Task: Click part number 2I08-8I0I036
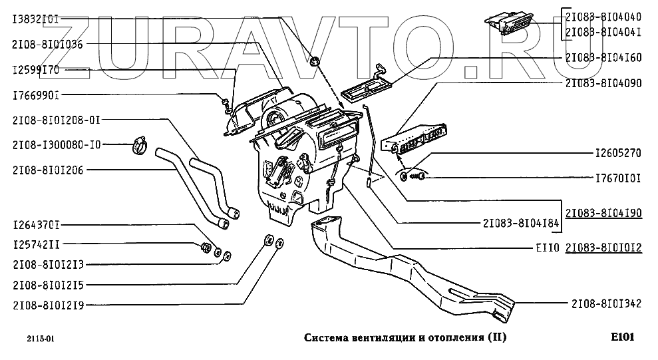tap(48, 44)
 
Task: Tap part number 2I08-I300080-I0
tap(56, 144)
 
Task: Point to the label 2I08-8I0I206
tap(48, 170)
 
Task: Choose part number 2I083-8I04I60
tap(603, 58)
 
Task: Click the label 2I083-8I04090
tap(603, 83)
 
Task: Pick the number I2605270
tap(617, 153)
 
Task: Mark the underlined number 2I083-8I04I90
tap(603, 214)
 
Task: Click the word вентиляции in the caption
tap(381, 337)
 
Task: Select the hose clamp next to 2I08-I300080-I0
tap(140, 144)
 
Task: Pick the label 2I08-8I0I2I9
tap(48, 305)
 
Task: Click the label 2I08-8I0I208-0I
tap(56, 120)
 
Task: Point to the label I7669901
tap(36, 96)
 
